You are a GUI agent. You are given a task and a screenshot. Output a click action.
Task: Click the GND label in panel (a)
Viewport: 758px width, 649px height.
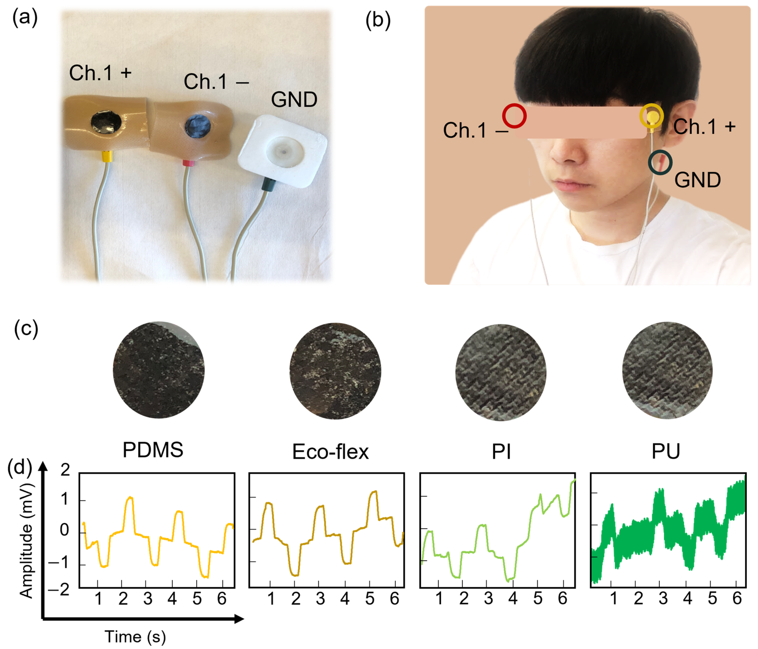[294, 100]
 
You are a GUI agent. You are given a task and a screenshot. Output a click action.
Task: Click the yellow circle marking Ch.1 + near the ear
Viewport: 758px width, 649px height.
[651, 116]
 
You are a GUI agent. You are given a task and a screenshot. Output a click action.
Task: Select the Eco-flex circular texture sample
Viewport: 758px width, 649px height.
[335, 371]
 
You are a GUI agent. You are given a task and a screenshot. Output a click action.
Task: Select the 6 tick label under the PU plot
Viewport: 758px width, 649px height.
[737, 598]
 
